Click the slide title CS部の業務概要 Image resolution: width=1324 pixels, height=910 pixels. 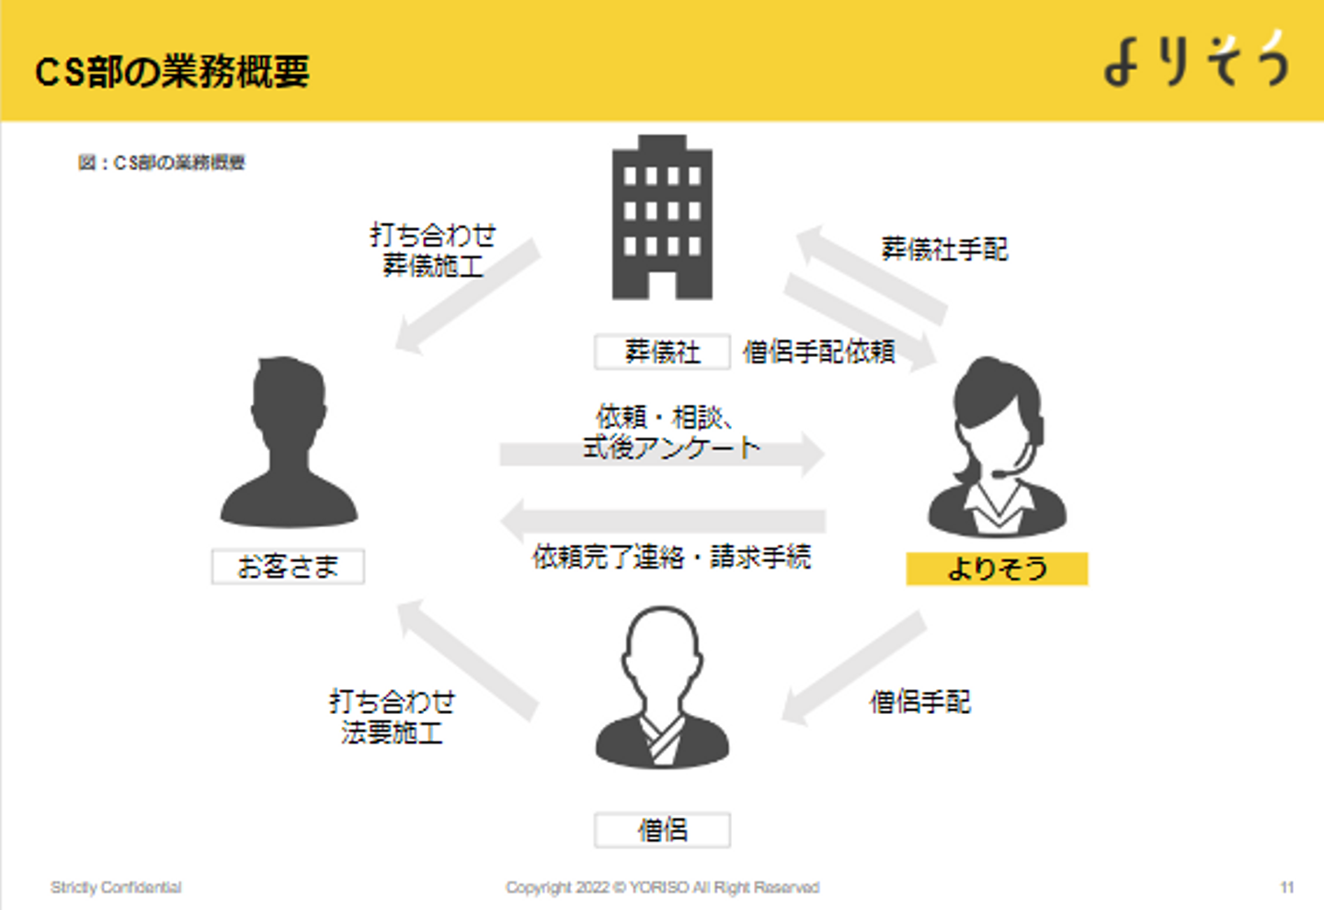[172, 71]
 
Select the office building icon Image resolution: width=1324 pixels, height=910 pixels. [662, 218]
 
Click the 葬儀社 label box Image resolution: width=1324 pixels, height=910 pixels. [662, 351]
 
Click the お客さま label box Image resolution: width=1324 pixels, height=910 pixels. [288, 567]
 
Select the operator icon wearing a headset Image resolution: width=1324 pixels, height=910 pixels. [997, 447]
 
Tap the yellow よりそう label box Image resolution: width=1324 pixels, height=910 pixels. [997, 569]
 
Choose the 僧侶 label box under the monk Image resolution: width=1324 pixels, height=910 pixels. [662, 830]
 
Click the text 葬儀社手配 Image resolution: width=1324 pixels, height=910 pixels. [944, 248]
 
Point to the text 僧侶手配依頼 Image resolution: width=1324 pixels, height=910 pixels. [818, 351]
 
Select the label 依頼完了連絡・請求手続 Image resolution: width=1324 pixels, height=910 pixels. [671, 557]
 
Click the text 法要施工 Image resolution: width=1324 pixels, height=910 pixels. [392, 733]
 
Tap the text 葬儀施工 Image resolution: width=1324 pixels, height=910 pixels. [432, 266]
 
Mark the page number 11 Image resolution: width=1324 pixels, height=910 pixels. [1286, 887]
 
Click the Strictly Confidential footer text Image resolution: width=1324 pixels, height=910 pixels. [116, 887]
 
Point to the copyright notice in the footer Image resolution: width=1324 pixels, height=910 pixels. [662, 887]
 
